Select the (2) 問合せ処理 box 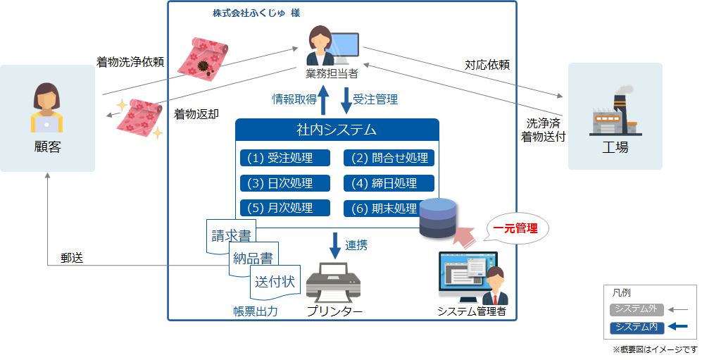[389, 158]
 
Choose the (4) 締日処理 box [389, 183]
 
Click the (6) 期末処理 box [384, 209]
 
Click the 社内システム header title [337, 130]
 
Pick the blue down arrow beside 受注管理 [346, 99]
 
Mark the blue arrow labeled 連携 [334, 245]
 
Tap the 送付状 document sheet [275, 283]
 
